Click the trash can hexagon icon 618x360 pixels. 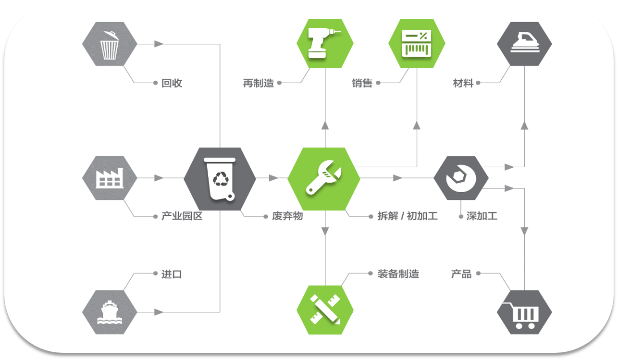110,44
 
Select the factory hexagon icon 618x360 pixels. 110,178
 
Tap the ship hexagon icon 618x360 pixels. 110,312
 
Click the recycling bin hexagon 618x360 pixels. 220,178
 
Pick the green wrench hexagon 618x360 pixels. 324,178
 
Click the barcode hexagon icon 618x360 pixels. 417,43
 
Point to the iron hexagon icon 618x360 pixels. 524,44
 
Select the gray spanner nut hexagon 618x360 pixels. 461,178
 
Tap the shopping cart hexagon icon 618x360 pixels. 524,312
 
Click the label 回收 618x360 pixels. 172,83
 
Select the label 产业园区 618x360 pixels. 182,216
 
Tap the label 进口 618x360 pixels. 172,274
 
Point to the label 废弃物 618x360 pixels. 287,216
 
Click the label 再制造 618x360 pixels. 258,83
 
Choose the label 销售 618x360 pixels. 362,83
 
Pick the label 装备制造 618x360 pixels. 398,274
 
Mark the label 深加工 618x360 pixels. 482,216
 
